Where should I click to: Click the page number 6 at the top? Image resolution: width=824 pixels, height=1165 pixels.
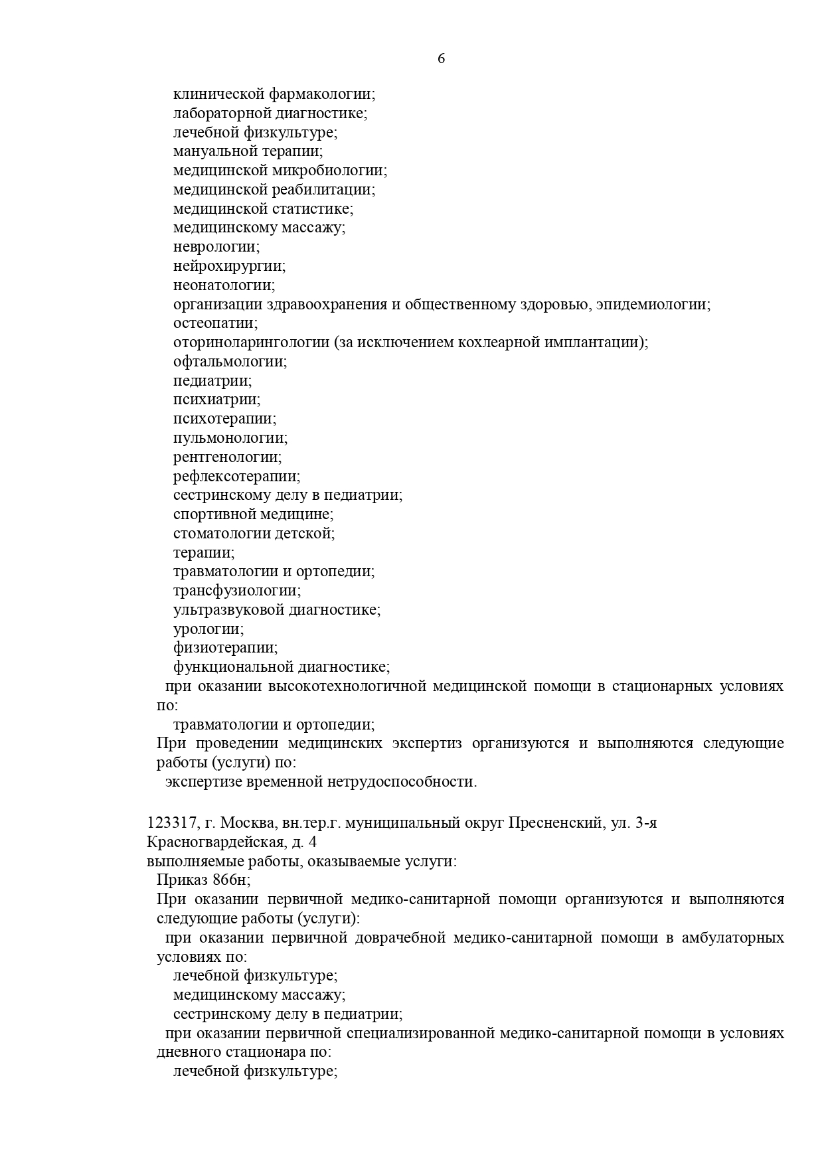pyautogui.click(x=442, y=58)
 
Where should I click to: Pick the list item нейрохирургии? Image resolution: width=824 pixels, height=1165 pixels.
pyautogui.click(x=229, y=266)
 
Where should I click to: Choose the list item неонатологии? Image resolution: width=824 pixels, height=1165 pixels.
pyautogui.click(x=224, y=285)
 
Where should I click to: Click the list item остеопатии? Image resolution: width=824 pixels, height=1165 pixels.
pyautogui.click(x=215, y=323)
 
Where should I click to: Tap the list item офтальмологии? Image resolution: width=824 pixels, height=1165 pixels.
pyautogui.click(x=230, y=362)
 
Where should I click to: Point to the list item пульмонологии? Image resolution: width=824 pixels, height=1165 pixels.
pyautogui.click(x=230, y=438)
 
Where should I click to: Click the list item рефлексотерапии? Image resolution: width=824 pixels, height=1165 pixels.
pyautogui.click(x=236, y=477)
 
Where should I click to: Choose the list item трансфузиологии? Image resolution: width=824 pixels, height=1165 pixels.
pyautogui.click(x=236, y=591)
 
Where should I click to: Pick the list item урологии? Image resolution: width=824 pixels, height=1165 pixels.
pyautogui.click(x=208, y=629)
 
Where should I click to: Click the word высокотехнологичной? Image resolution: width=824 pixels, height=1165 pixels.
pyautogui.click(x=346, y=686)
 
